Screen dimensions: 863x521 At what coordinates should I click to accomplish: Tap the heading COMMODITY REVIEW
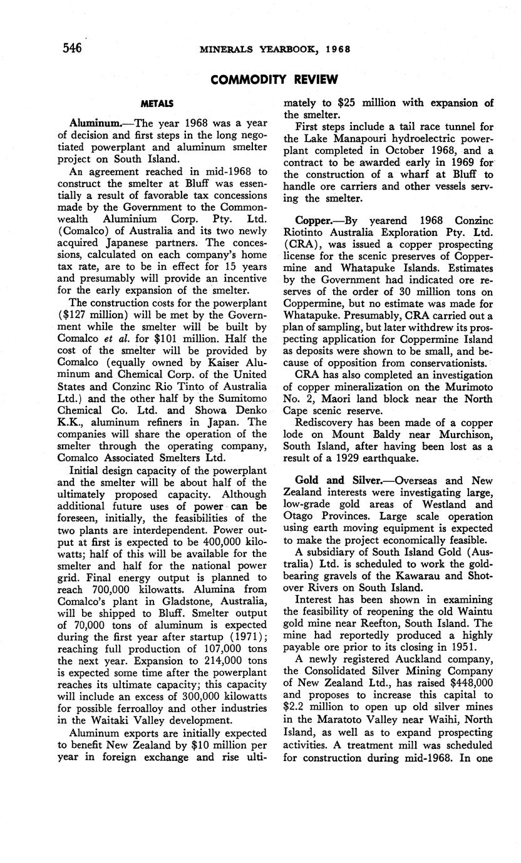coord(275,79)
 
